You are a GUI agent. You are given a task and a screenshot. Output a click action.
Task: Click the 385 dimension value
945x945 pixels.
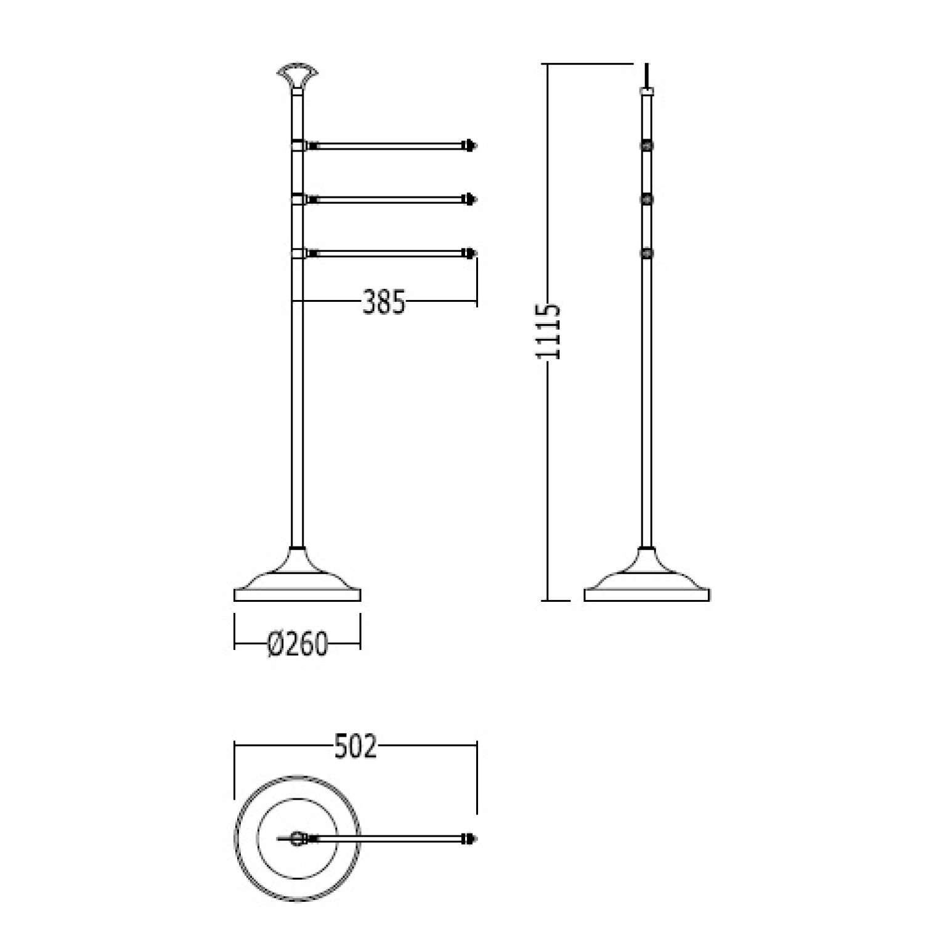pos(384,302)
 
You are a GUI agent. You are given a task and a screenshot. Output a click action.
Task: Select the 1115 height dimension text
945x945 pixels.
pos(548,331)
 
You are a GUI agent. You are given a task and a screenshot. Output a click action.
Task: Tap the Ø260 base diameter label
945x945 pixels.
pos(298,644)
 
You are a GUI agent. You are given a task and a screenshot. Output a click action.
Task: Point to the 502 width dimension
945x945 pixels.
pos(355,747)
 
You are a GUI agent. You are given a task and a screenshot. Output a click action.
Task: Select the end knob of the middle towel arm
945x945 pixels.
pos(471,200)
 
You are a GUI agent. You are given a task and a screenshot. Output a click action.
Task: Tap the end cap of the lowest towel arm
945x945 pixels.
pos(471,253)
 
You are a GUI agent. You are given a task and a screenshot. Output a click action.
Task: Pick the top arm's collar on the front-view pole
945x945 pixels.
pos(298,146)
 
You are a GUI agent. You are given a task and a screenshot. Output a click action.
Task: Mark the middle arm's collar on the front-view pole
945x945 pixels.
pos(298,200)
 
